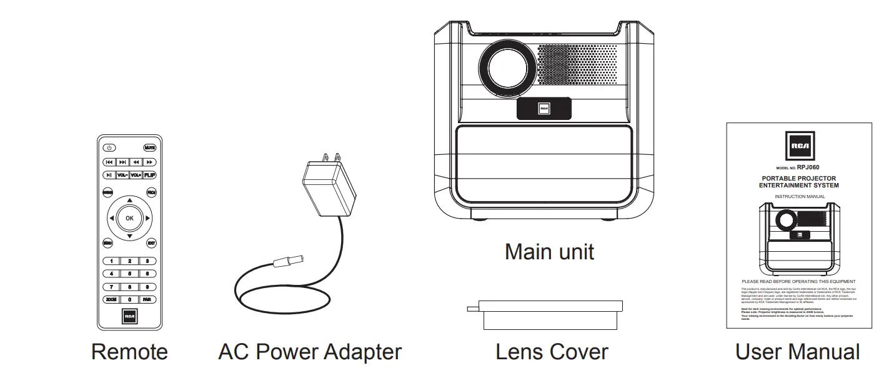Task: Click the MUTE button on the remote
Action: coord(150,148)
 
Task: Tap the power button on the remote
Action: coord(109,148)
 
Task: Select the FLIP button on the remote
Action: coord(150,176)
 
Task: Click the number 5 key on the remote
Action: coord(129,274)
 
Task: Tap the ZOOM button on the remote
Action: coord(111,300)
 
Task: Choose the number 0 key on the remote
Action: coord(129,300)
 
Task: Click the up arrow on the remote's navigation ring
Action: coord(129,201)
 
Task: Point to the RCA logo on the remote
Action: coord(130,317)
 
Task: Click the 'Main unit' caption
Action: coord(549,252)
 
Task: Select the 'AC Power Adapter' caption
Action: coord(309,352)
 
